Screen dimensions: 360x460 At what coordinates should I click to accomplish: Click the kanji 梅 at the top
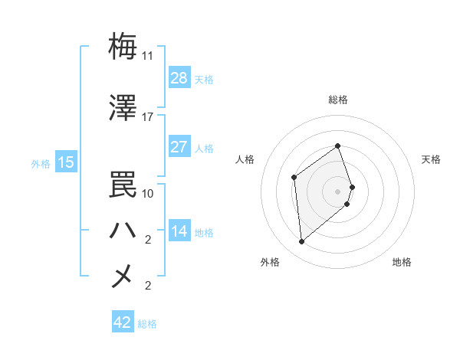(x=123, y=46)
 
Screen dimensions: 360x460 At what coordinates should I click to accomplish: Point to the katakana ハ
(x=123, y=230)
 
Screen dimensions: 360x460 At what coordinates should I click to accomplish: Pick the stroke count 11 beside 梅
(x=148, y=56)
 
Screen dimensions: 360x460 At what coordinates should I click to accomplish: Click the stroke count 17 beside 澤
(x=148, y=117)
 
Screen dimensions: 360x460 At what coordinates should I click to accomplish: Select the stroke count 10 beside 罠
(x=148, y=193)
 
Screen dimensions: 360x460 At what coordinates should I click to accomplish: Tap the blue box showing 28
(x=179, y=77)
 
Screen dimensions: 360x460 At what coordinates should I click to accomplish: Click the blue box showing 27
(x=179, y=146)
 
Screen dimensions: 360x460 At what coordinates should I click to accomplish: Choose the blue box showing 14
(x=179, y=231)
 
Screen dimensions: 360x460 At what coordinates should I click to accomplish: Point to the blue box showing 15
(x=66, y=162)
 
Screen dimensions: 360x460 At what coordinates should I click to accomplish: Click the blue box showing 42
(x=123, y=322)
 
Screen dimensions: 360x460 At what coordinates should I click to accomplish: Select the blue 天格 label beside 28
(x=204, y=79)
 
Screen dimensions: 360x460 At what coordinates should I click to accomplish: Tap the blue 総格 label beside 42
(x=147, y=324)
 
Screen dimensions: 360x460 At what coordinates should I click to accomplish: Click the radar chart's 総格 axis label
(x=338, y=100)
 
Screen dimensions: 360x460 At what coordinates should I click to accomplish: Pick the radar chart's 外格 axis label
(x=269, y=262)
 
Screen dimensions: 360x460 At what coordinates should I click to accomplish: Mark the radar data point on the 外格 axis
(x=302, y=242)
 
